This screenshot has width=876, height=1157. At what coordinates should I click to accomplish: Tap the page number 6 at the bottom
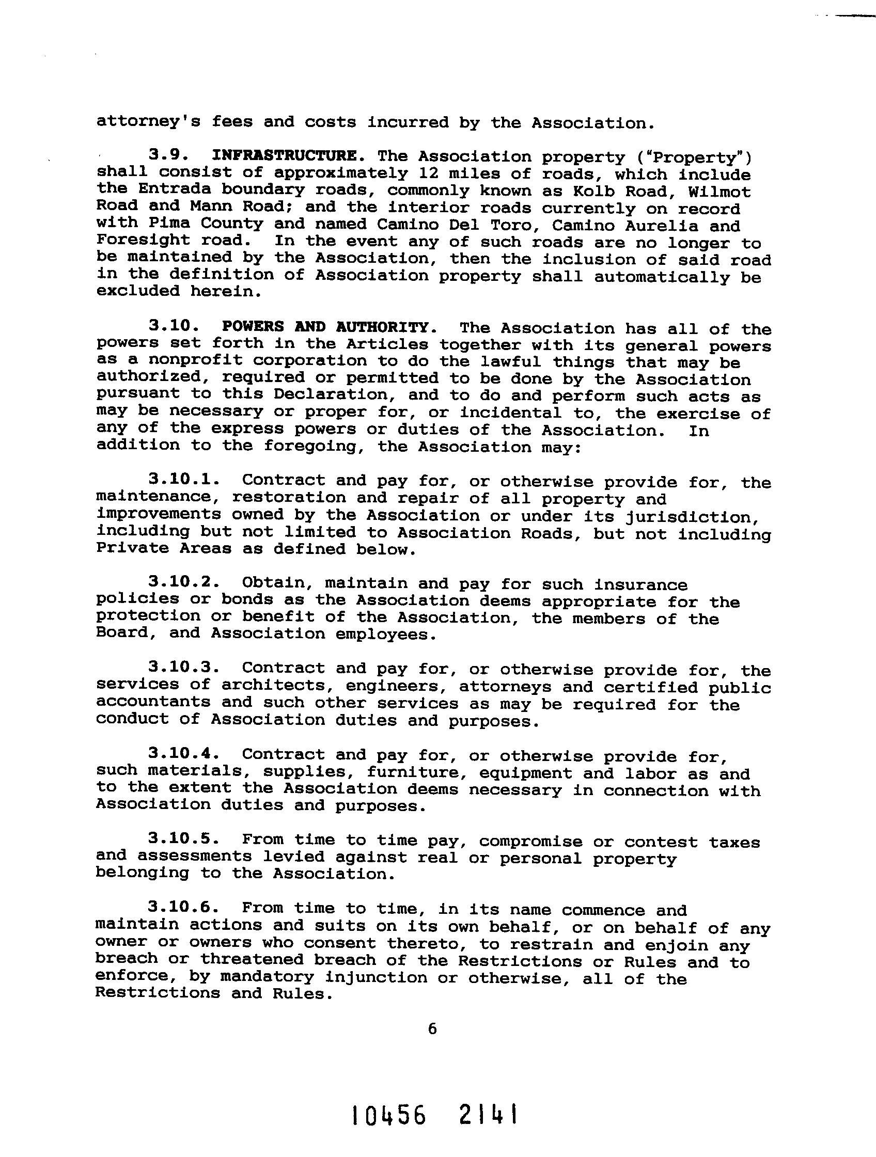pos(432,1029)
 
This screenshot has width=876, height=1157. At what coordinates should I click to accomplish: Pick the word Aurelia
pos(667,226)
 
